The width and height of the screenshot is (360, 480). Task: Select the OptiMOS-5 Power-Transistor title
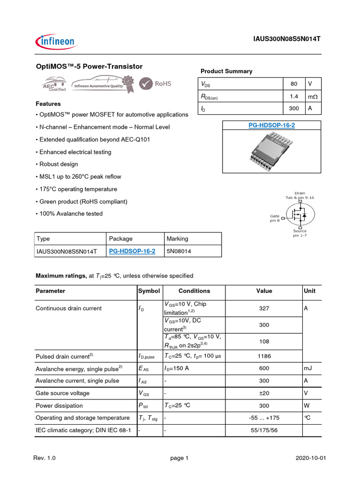[89, 67]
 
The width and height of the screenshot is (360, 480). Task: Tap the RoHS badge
[157, 84]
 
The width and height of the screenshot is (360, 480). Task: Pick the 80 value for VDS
[294, 84]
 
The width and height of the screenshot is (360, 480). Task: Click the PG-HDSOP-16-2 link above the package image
[271, 125]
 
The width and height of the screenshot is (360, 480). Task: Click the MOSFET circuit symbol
[299, 215]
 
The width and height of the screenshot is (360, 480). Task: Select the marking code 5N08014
[179, 251]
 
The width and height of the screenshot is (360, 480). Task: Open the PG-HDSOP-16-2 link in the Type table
[132, 251]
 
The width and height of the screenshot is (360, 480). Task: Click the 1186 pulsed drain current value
[264, 356]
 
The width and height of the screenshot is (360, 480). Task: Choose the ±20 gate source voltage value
[264, 393]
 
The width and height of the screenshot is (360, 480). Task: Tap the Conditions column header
[194, 291]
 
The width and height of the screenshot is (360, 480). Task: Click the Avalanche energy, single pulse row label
[80, 368]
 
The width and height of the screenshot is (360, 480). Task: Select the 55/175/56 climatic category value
[264, 430]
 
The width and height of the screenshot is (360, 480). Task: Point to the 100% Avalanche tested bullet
[69, 214]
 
